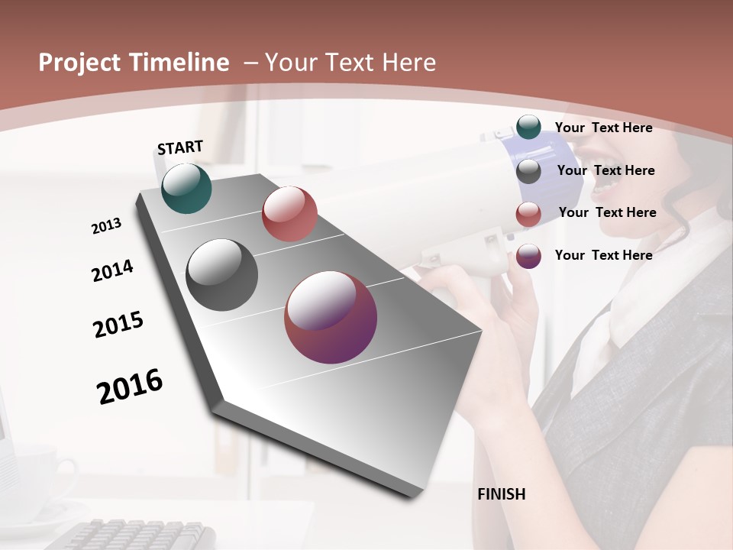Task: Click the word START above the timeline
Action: tap(180, 147)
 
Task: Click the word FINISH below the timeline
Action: tap(502, 494)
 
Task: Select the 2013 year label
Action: tap(106, 226)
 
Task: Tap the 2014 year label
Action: tap(112, 270)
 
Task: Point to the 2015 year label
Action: tap(118, 325)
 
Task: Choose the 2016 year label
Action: tap(130, 386)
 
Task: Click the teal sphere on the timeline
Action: tap(186, 188)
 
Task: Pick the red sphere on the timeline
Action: tap(289, 214)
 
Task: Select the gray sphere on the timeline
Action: tap(222, 275)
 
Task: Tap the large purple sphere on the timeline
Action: tap(331, 317)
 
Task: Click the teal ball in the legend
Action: tap(528, 128)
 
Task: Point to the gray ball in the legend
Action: tap(528, 171)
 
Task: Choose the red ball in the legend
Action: tap(528, 214)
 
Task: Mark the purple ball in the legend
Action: tap(528, 256)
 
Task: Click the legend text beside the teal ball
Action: tap(603, 128)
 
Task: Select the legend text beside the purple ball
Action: tap(603, 255)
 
